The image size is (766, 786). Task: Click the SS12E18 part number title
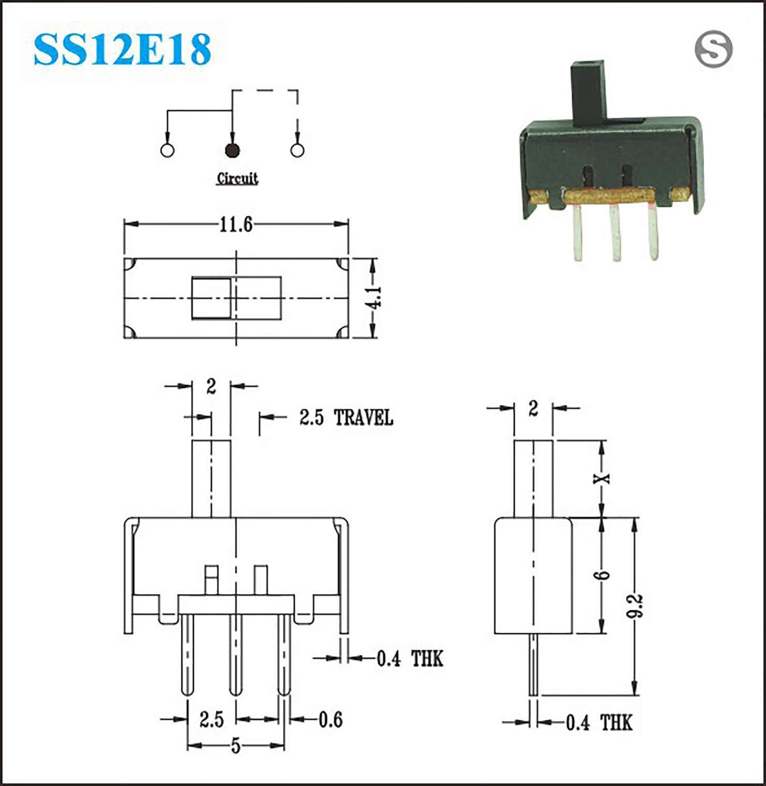coord(122,50)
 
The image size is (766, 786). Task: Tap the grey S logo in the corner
coord(714,49)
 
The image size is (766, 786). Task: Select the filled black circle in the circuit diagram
coord(233,150)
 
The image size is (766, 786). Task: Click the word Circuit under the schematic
coord(237,178)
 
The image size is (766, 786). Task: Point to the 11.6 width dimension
coord(236,224)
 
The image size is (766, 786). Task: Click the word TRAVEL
coord(364,418)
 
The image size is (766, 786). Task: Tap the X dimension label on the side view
coord(602,478)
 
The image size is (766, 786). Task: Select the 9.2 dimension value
coord(635,605)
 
